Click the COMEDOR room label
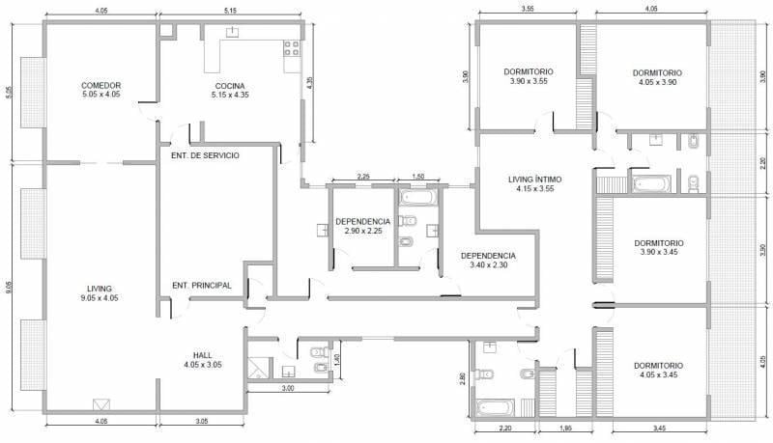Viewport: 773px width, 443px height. coord(101,90)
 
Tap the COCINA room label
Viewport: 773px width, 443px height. coord(230,90)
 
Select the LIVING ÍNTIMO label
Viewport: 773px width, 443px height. coord(535,183)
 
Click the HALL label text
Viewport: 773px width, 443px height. coord(203,360)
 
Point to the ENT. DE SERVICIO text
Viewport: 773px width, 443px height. coord(205,155)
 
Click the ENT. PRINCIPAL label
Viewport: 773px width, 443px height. coord(202,286)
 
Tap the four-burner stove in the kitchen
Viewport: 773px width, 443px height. coord(292,48)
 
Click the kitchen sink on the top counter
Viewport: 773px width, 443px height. coord(232,33)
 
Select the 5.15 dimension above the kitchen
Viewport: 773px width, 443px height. coord(230,11)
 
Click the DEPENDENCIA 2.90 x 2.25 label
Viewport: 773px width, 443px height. coord(363,226)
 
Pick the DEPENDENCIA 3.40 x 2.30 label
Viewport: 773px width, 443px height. coord(488,261)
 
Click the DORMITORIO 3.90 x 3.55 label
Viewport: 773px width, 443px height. coord(529,76)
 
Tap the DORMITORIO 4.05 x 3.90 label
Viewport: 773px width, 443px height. coord(657,77)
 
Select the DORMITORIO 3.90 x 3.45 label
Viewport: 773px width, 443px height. coord(659,248)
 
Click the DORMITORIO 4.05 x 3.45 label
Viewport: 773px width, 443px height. coord(659,371)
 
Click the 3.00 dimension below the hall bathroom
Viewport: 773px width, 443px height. coord(288,388)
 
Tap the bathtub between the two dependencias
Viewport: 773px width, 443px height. coord(419,198)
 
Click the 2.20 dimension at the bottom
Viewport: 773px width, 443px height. coord(505,429)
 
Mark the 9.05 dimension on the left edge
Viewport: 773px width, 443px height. coord(8,288)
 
